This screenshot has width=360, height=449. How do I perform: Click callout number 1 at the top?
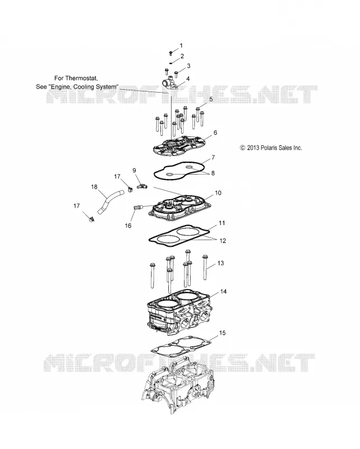click(181, 45)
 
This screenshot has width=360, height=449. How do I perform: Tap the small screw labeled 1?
click(170, 53)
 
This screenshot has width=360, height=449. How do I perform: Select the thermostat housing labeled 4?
click(171, 84)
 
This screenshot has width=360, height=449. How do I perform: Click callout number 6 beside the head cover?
click(215, 132)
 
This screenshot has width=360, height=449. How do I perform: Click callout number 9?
click(134, 171)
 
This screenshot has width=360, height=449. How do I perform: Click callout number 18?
click(94, 187)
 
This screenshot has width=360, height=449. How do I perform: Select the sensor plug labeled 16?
click(138, 207)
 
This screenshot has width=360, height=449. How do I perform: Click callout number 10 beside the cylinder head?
click(218, 193)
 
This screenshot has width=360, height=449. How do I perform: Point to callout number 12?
click(223, 241)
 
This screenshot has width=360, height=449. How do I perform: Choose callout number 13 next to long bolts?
click(220, 263)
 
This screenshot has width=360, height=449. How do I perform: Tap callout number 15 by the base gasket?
click(223, 333)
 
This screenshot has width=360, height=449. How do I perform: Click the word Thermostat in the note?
click(81, 78)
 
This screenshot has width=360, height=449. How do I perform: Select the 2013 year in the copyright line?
click(253, 148)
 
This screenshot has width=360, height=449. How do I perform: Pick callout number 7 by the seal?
click(213, 157)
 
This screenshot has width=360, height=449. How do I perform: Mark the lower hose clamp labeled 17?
click(91, 220)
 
